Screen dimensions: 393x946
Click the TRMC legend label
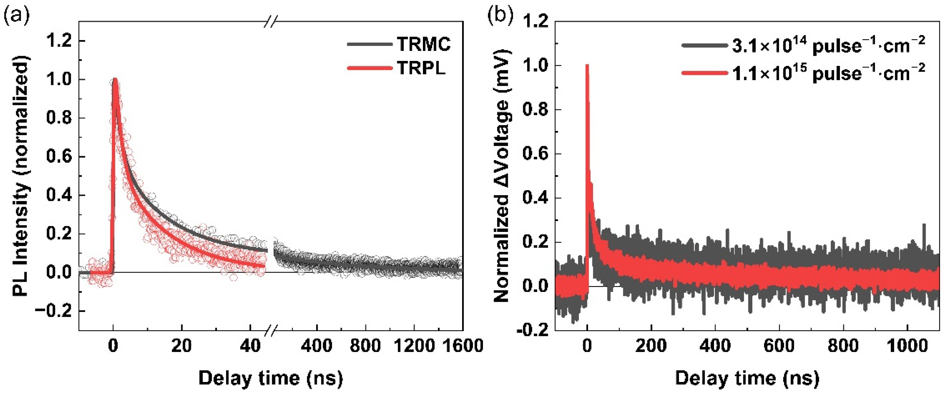(423, 45)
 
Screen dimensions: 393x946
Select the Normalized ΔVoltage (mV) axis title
(502, 176)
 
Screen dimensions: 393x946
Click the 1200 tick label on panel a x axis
(414, 346)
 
